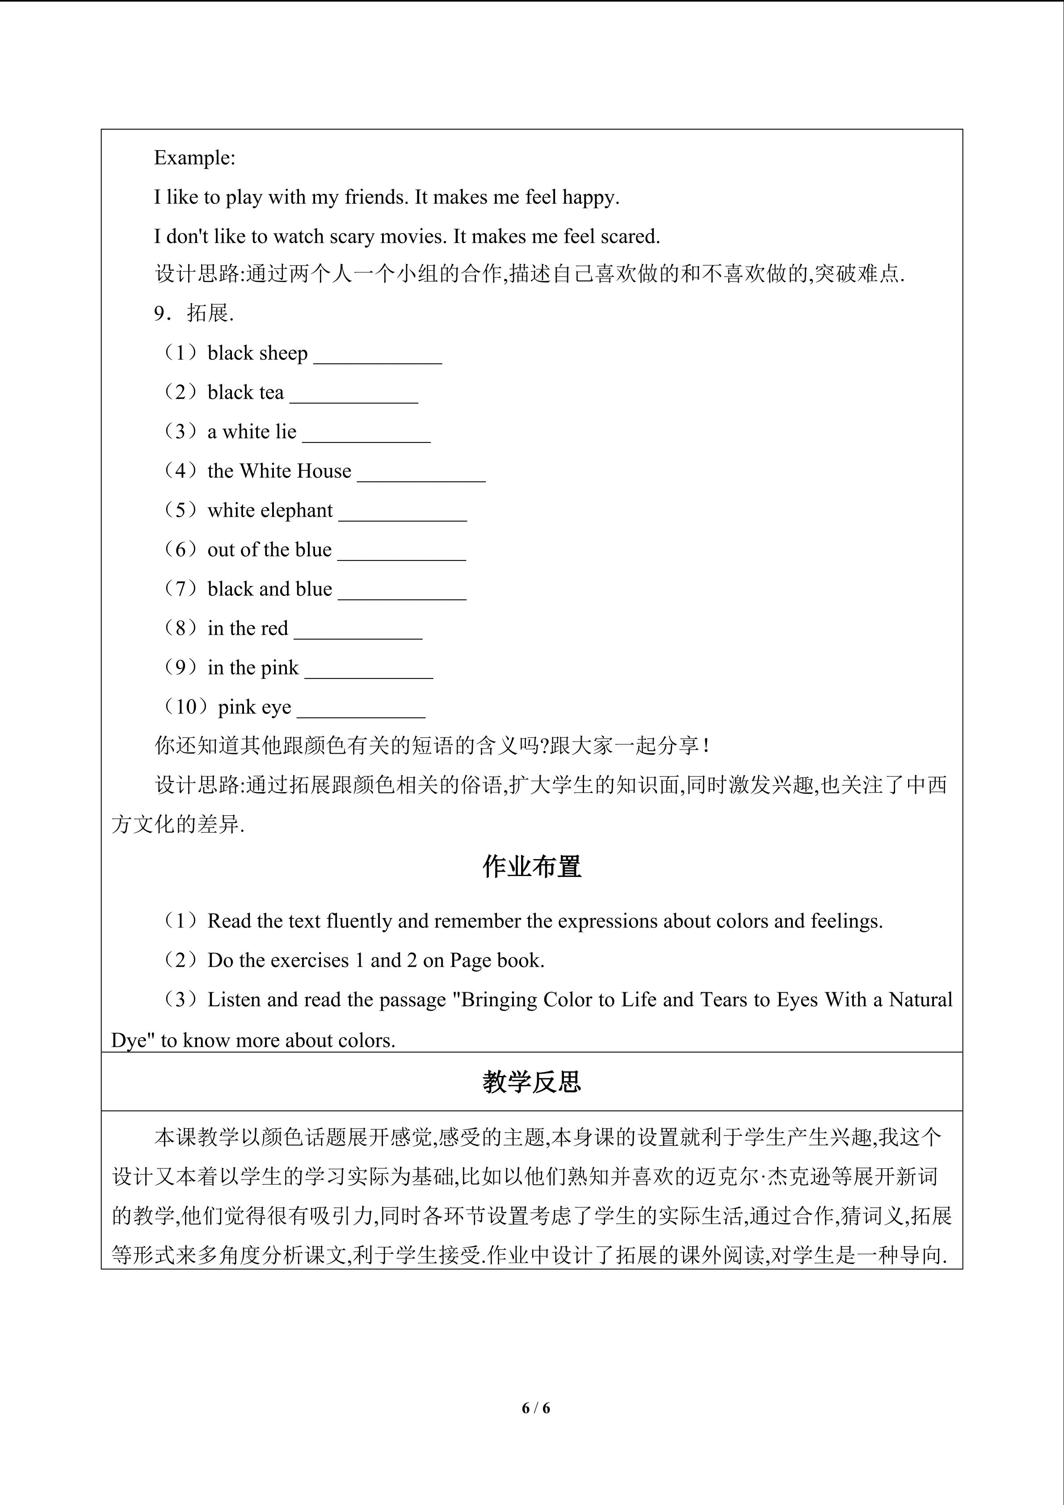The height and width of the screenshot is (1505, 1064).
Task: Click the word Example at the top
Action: (193, 158)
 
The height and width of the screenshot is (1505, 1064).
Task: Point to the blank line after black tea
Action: (354, 399)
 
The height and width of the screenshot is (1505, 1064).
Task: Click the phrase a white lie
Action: (252, 432)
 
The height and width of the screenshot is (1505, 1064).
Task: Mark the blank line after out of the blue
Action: (402, 556)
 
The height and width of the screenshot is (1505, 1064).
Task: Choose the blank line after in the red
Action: (358, 635)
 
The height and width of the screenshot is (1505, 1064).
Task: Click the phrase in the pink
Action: (253, 668)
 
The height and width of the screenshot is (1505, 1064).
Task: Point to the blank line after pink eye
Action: (361, 713)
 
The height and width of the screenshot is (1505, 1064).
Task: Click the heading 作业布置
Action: (531, 867)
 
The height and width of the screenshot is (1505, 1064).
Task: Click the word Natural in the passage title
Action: (920, 999)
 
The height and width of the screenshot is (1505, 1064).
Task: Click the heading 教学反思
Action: (531, 1082)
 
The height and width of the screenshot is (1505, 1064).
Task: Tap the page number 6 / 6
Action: (536, 1408)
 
